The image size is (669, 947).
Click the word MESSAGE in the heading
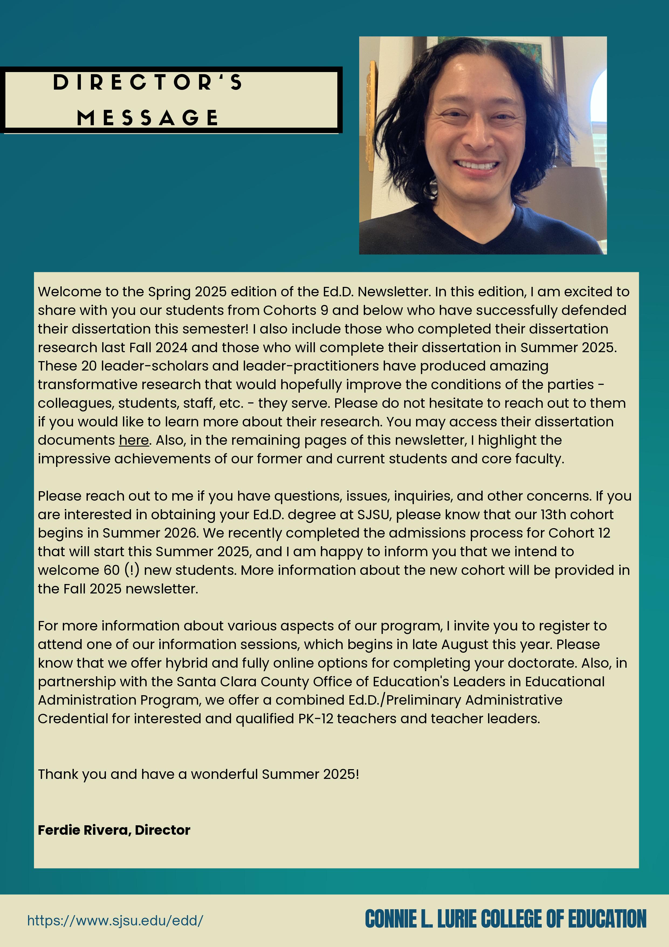(147, 118)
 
